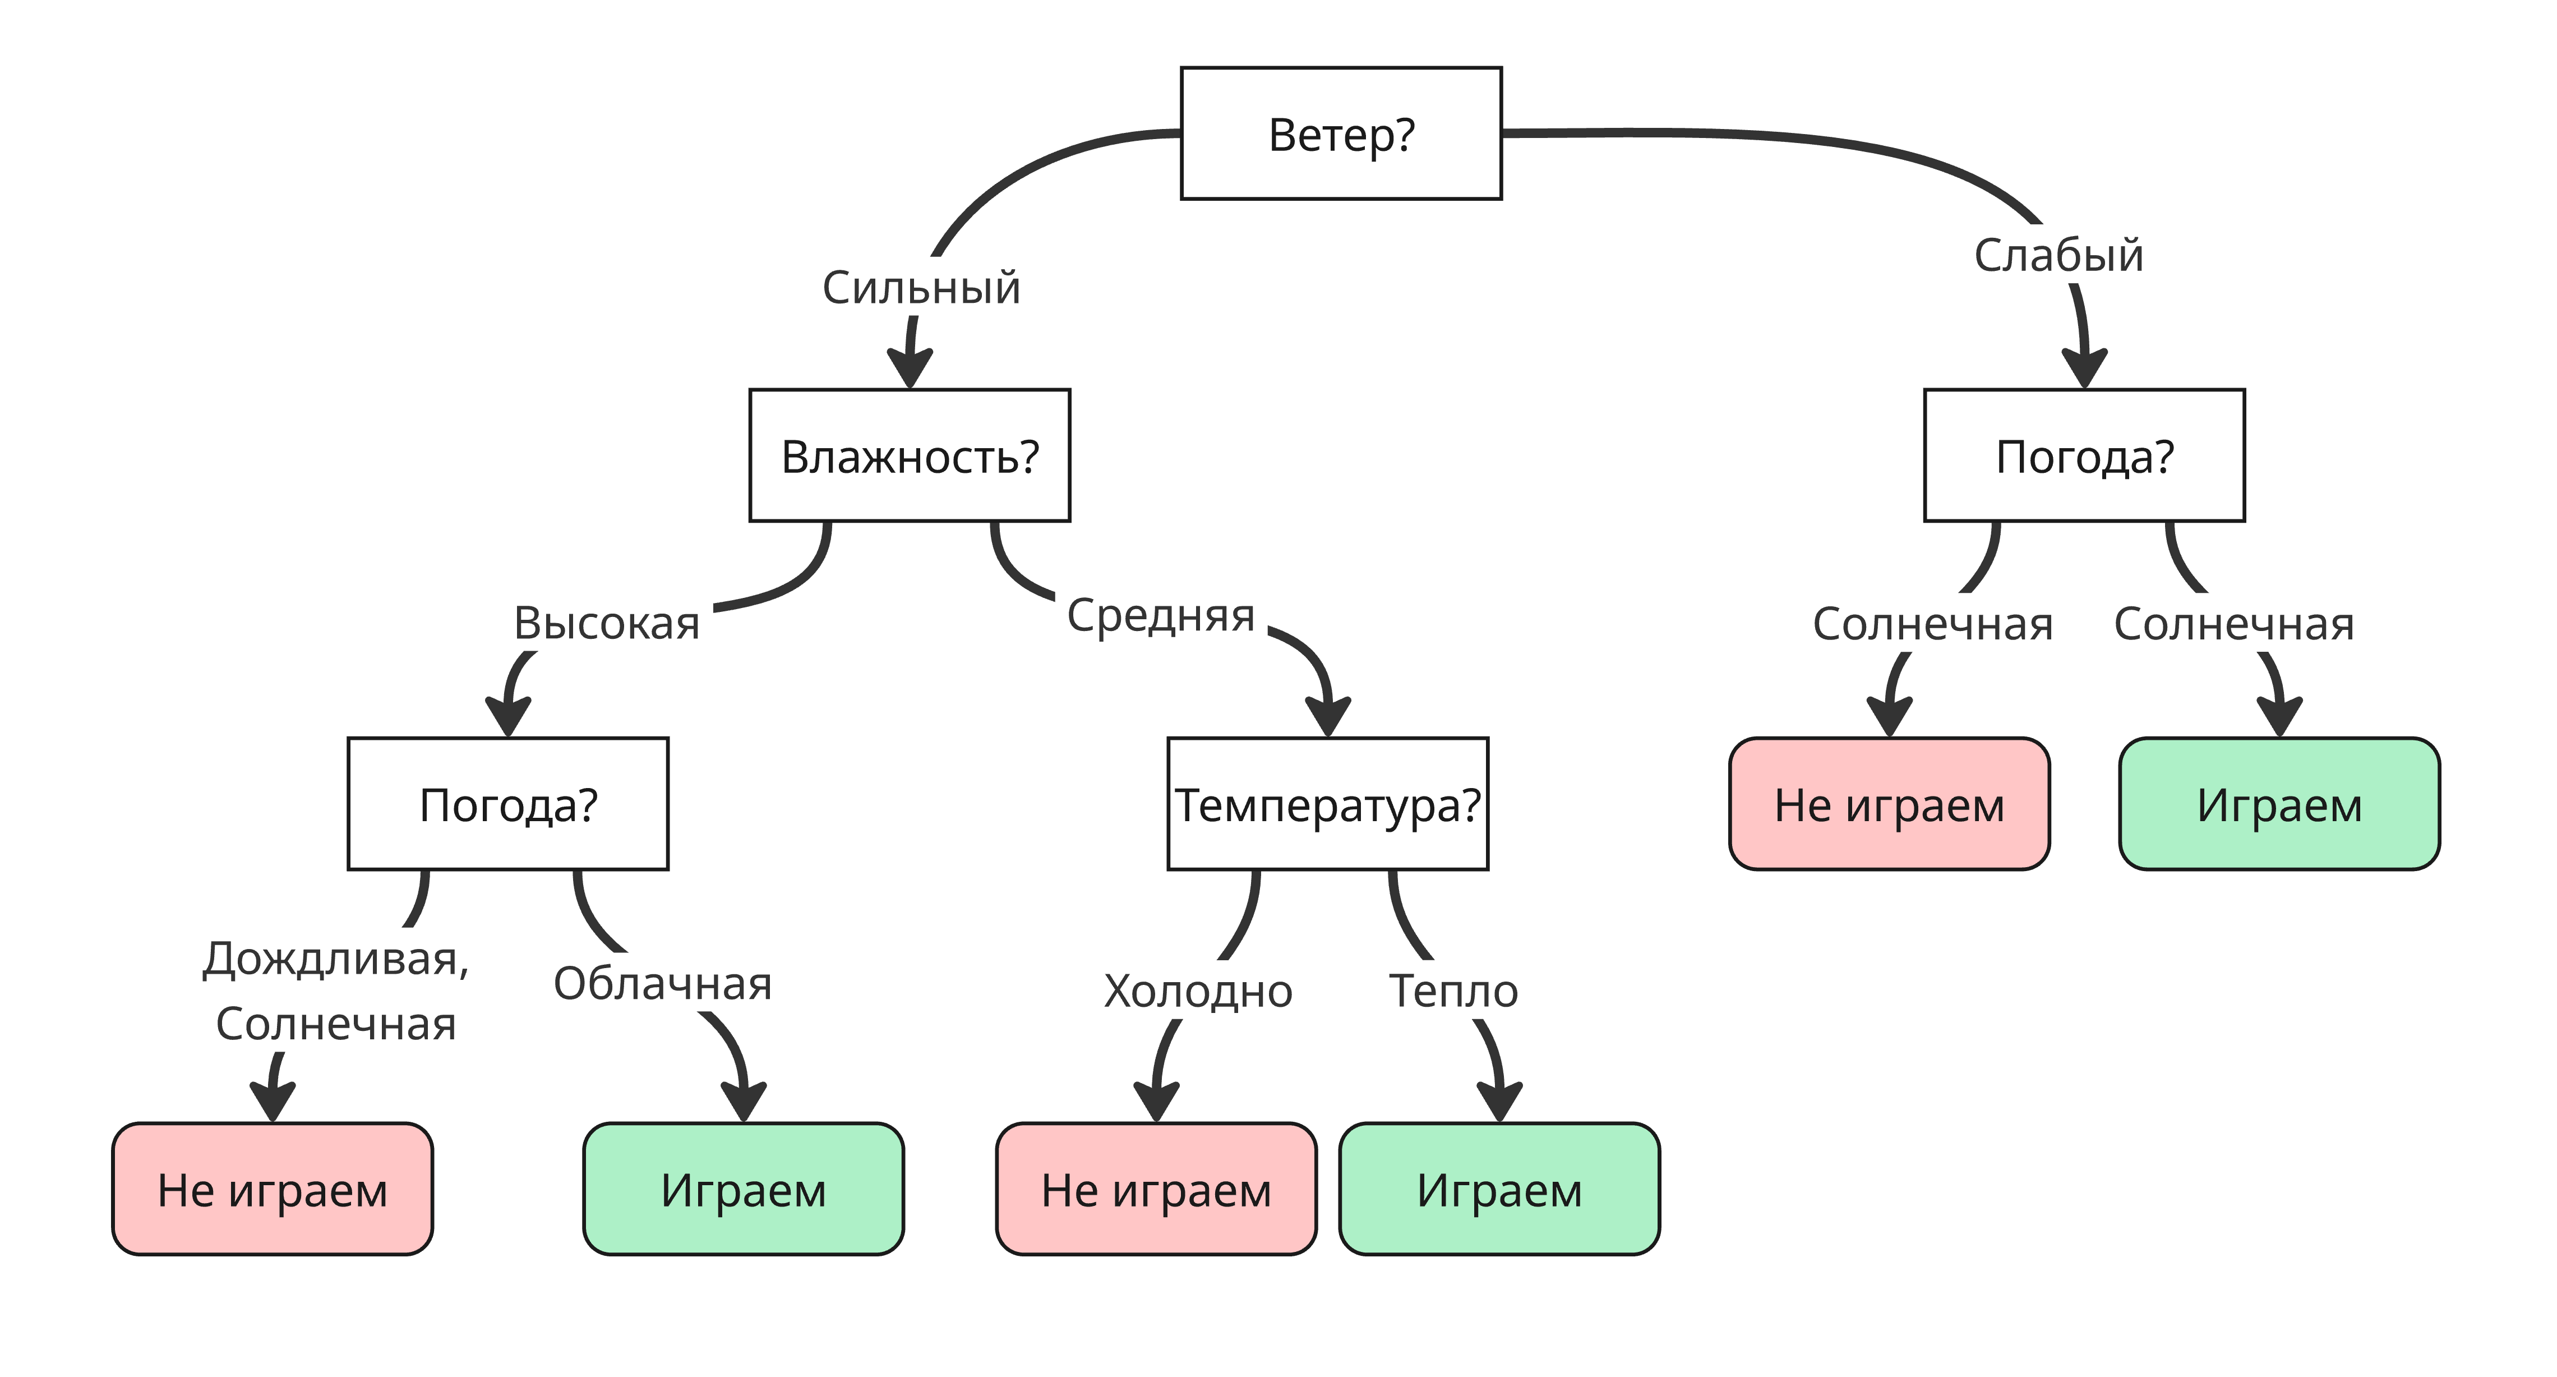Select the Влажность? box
tap(909, 455)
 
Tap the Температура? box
tap(1327, 804)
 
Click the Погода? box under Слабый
tap(2084, 455)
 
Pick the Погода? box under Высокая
tap(507, 804)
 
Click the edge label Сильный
tap(920, 288)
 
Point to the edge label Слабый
tap(2058, 255)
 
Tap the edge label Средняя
tap(1160, 615)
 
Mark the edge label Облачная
tap(662, 984)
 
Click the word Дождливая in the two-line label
tap(335, 959)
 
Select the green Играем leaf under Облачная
tap(742, 1189)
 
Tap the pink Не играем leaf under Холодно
tap(1155, 1189)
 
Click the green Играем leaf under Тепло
tap(1499, 1189)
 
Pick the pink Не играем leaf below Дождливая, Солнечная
tap(272, 1189)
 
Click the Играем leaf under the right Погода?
tap(2279, 804)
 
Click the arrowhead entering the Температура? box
tap(1327, 717)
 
